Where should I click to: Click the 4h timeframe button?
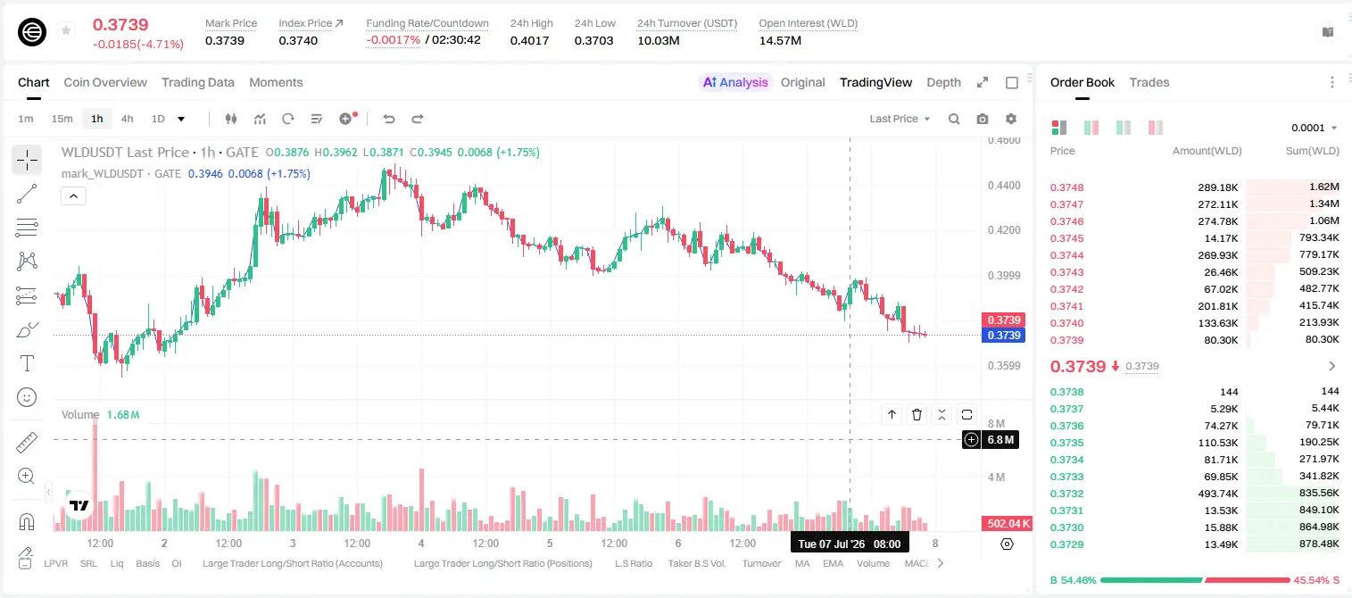point(127,119)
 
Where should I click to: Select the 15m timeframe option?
point(62,119)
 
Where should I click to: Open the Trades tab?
point(1149,82)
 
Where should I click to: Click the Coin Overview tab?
point(105,82)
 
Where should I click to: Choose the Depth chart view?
point(943,82)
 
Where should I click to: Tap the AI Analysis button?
point(735,82)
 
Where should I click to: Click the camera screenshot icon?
point(983,119)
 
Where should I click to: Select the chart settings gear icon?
point(1011,119)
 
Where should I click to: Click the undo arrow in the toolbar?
point(389,119)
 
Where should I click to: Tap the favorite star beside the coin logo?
point(66,30)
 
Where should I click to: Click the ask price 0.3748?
point(1066,187)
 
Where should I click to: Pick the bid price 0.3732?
point(1066,493)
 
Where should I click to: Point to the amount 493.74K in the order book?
point(1218,493)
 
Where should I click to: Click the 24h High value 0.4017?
point(529,40)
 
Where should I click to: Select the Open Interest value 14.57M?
point(780,40)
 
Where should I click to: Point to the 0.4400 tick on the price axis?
point(1004,186)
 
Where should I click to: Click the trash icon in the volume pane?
point(917,414)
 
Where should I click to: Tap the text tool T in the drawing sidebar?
point(27,363)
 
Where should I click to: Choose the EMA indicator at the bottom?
point(833,563)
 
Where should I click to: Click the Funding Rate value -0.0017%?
point(393,40)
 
